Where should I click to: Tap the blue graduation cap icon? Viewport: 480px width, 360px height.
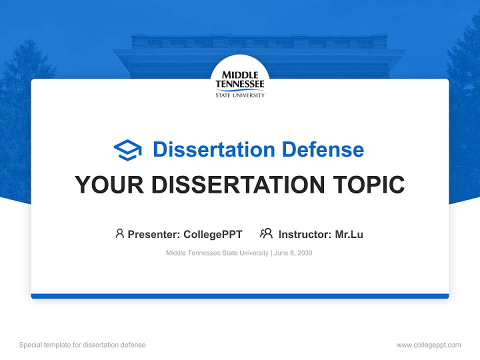127,150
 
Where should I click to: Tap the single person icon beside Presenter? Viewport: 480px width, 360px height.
119,233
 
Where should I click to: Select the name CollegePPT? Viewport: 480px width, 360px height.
213,234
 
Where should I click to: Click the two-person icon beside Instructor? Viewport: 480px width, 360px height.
266,233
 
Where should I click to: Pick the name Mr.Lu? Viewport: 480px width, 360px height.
349,234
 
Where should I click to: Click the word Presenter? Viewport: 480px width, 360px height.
154,234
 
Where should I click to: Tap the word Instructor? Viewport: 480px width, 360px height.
304,234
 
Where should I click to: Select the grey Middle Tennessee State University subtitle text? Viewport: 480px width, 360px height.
217,253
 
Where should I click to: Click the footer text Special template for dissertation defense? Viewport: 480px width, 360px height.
82,345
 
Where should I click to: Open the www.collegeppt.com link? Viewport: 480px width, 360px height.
428,345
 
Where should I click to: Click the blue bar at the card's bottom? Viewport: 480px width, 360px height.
240,296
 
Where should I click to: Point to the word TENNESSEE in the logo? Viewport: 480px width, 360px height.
240,84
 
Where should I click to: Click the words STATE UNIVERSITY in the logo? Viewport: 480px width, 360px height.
240,95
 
